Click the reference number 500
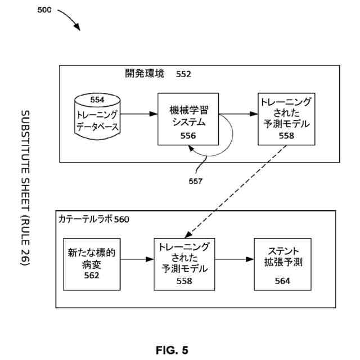point(44,10)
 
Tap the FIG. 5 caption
point(172,350)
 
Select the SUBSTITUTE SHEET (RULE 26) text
point(25,188)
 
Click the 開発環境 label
point(145,74)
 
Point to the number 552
point(183,74)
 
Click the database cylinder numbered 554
point(97,116)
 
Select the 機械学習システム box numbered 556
point(188,119)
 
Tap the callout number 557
point(195,181)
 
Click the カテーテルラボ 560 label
point(94,219)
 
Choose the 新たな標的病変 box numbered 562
point(92,264)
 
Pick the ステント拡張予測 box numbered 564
point(282,264)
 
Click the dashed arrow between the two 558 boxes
point(235,191)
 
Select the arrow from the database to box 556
point(139,114)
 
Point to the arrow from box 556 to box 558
point(238,114)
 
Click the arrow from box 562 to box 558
point(137,259)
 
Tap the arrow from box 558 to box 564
point(235,259)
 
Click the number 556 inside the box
point(188,136)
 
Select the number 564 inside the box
point(282,281)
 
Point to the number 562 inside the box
point(91,276)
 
